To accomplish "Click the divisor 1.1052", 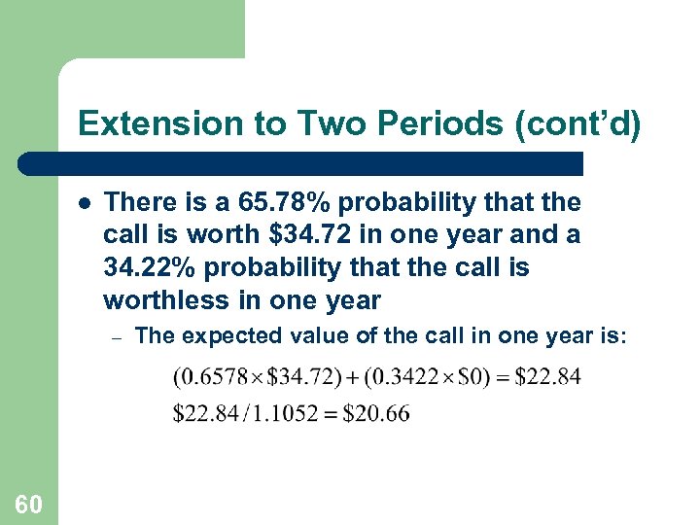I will coord(279,413).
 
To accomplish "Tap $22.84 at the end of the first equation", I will coord(548,377).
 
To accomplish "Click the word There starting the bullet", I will coord(140,203).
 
